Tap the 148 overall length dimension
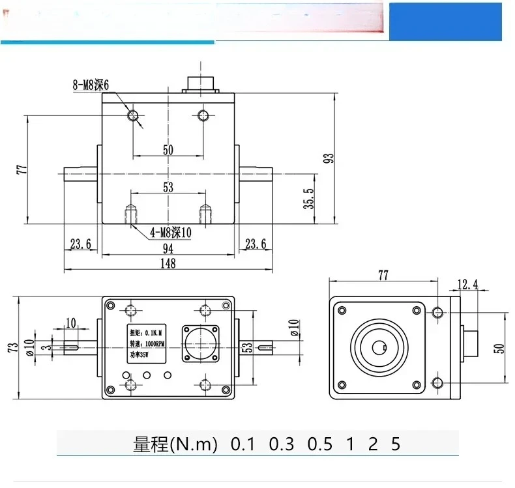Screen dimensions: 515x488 [x=168, y=263]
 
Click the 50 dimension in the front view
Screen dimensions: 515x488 [x=168, y=150]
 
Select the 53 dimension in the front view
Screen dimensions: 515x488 [x=168, y=188]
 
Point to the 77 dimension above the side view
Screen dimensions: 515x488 [x=383, y=274]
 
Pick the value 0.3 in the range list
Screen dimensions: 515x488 [x=281, y=445]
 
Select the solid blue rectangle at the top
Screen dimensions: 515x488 [x=451, y=21]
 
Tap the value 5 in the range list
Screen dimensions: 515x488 [x=396, y=445]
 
